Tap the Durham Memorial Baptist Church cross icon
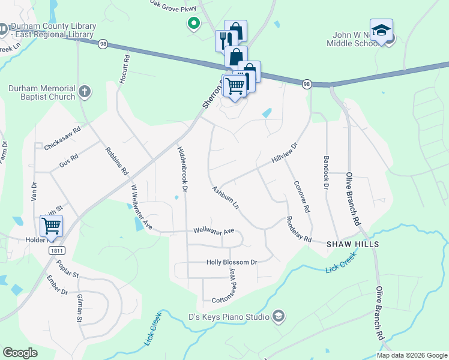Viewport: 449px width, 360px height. [85, 92]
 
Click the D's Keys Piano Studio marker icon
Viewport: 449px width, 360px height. [278, 316]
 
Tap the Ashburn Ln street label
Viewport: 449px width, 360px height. [226, 197]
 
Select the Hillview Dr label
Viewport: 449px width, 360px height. [285, 153]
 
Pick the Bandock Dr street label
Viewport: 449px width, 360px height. [327, 173]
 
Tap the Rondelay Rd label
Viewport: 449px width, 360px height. [298, 229]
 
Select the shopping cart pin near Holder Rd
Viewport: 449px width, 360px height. [51, 226]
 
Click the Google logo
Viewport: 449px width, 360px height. [20, 353]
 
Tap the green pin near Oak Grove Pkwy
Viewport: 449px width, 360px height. [193, 24]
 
